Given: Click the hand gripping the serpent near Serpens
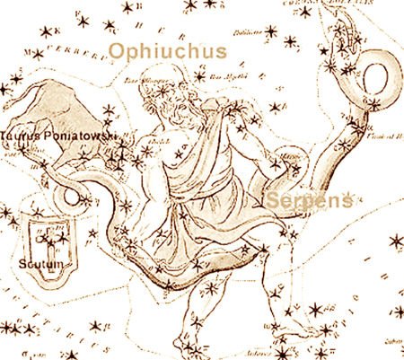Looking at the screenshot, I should (289, 162).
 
